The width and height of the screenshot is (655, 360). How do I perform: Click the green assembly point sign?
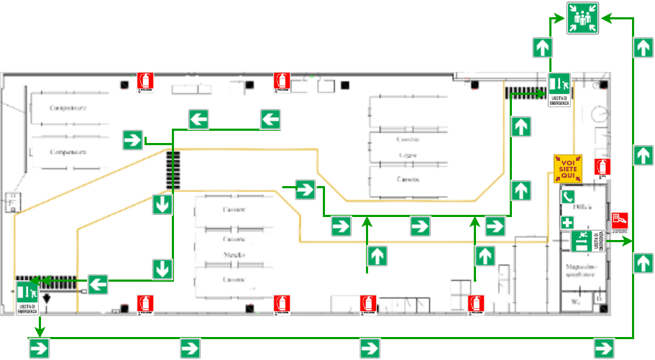coord(582,18)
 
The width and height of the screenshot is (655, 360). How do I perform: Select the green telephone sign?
coord(568,196)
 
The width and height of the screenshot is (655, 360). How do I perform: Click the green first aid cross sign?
coord(567,223)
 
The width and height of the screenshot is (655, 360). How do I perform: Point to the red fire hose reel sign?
coord(620,221)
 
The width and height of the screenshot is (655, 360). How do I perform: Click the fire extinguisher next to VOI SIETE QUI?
coord(603,169)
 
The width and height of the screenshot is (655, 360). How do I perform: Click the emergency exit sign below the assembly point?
coord(559,90)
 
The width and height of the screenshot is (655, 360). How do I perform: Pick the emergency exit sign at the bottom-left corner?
coord(27,298)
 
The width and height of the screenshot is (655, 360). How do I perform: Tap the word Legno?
coord(408,154)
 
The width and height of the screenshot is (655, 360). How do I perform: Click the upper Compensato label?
coord(68,108)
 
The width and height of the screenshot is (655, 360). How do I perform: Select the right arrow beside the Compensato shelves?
coord(132,139)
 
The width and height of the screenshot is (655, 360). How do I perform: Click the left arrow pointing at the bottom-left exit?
coord(98,284)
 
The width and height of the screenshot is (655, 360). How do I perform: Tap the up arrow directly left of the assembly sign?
coord(543,48)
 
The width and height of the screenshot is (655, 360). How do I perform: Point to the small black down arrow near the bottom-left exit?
coord(47,297)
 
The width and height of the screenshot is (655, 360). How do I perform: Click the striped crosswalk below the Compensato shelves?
coord(173,170)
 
